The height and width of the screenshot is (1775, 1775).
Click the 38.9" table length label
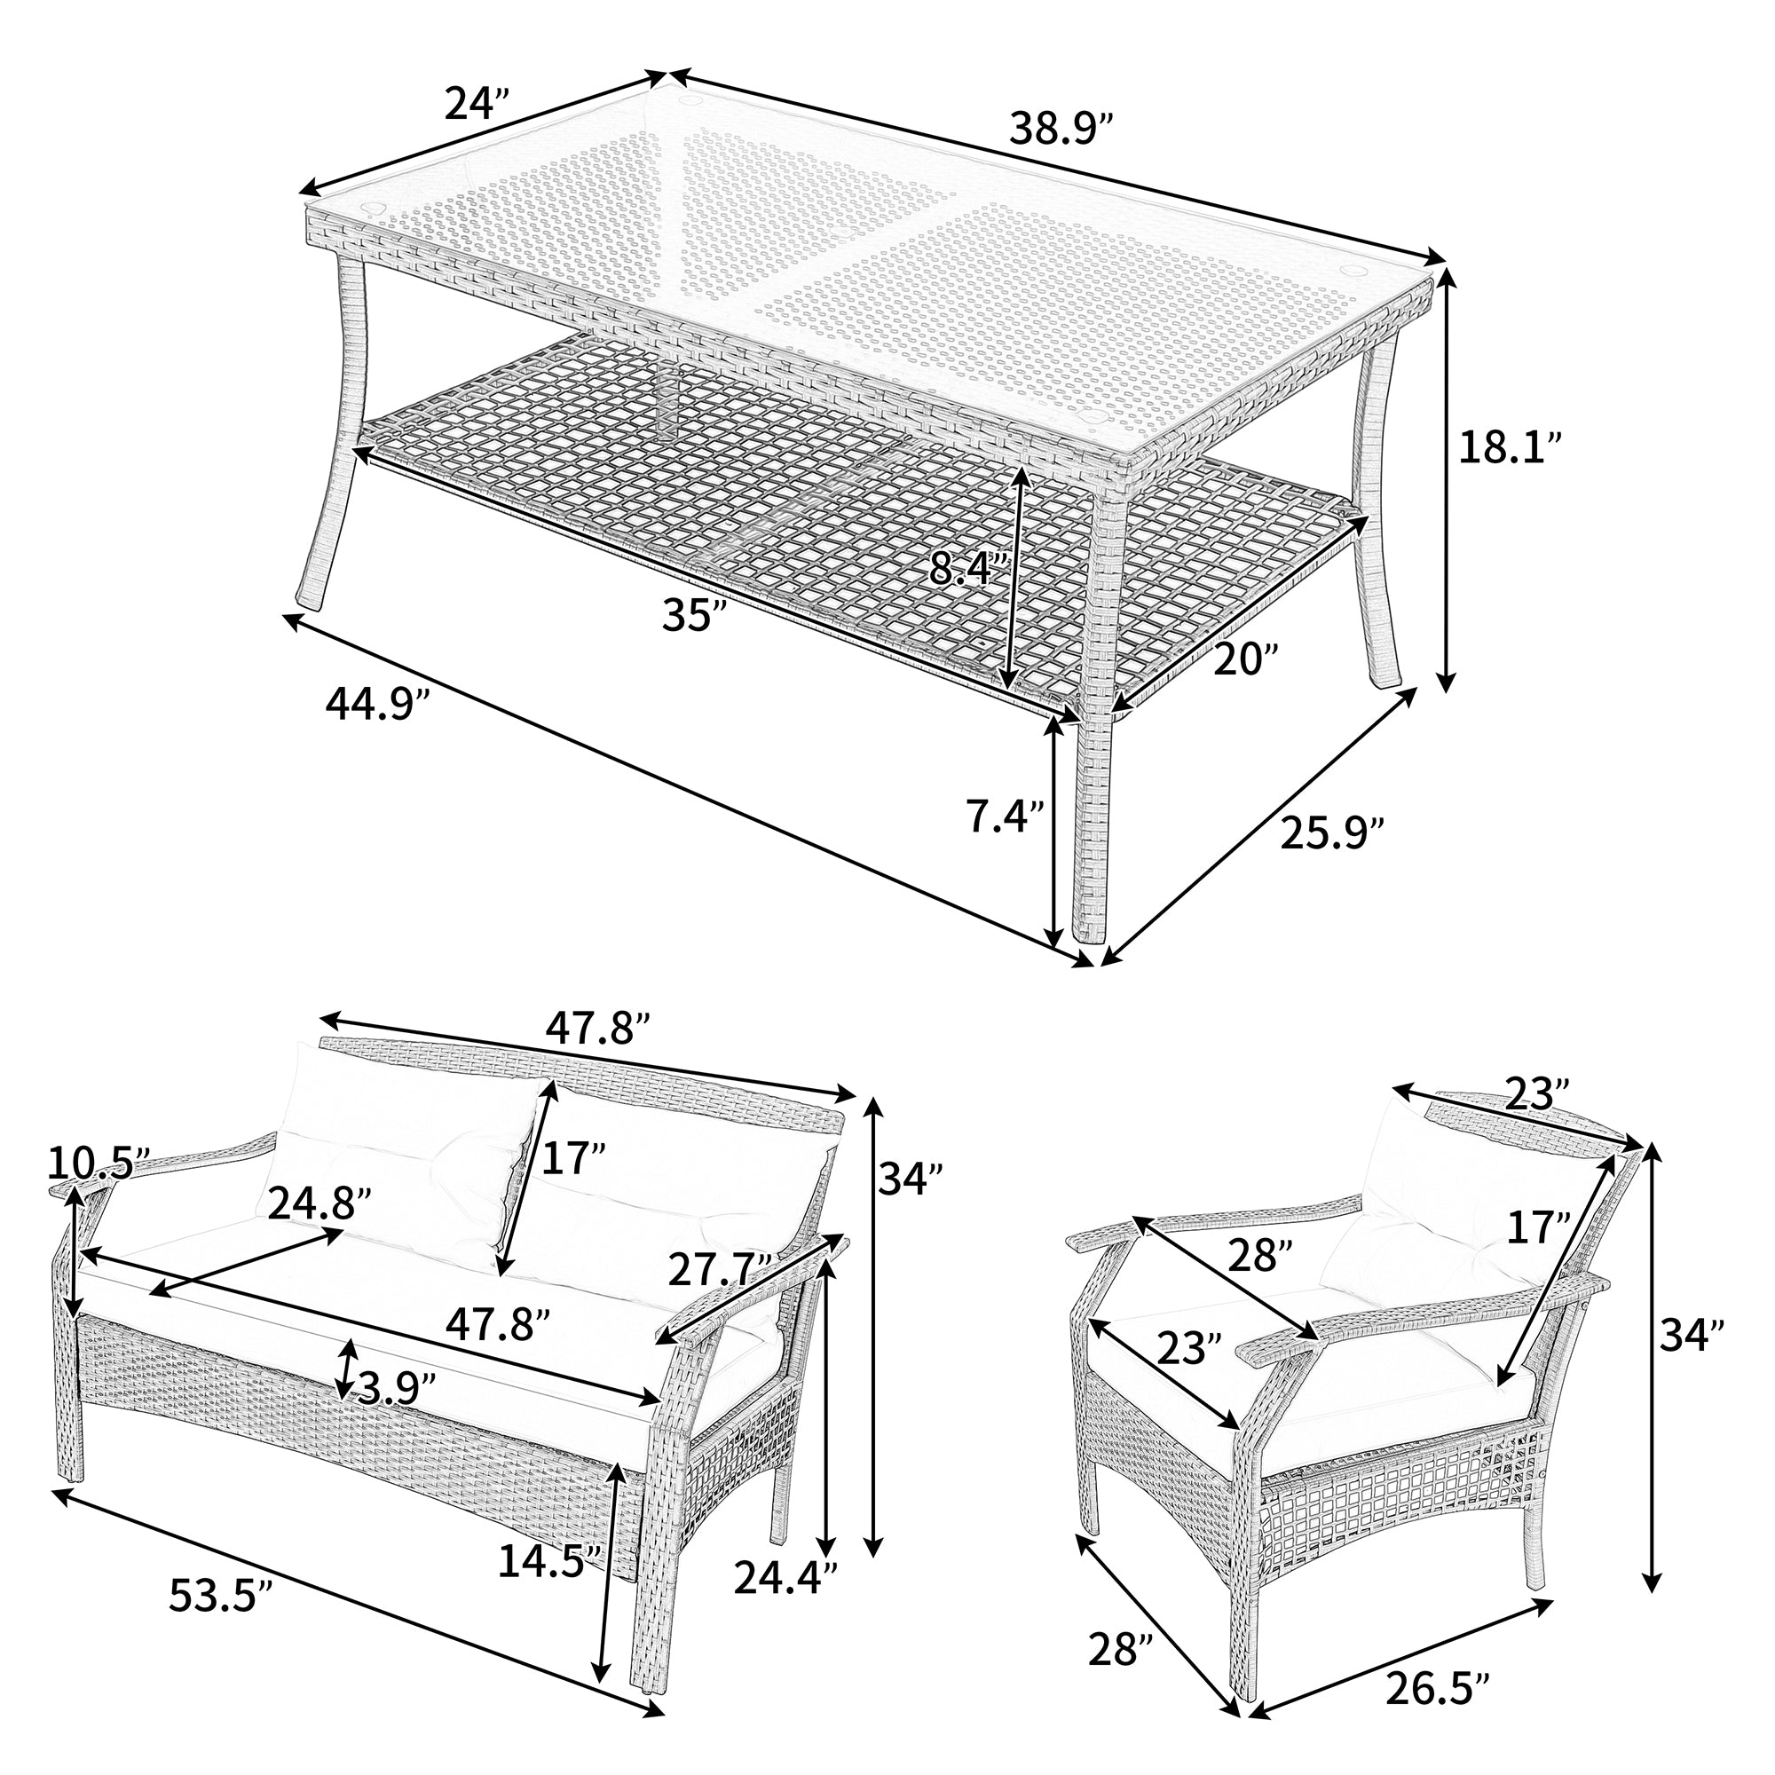click(1062, 129)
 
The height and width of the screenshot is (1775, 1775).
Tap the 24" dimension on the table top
click(476, 105)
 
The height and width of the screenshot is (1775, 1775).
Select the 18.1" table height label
click(1511, 448)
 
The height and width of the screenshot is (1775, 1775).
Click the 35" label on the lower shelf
click(695, 615)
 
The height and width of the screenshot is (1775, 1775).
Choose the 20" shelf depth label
click(1246, 659)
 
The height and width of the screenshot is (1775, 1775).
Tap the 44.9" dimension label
click(377, 706)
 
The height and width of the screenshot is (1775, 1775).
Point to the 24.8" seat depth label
click(319, 1204)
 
